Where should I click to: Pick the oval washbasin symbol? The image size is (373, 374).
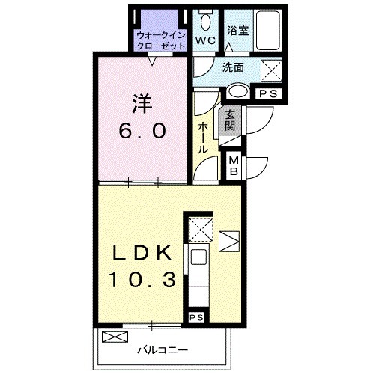237,93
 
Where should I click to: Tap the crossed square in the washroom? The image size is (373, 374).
270,70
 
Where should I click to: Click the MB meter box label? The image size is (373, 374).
233,165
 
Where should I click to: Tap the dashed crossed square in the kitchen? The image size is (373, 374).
200,227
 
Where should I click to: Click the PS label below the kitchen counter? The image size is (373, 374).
195,317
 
